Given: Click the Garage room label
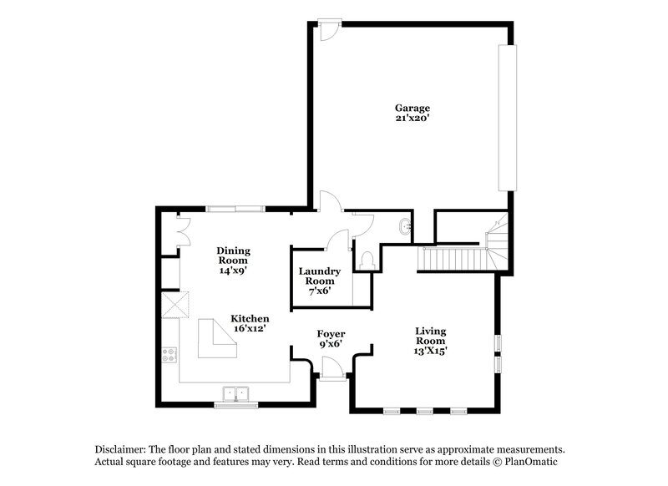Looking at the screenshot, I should click(x=412, y=108).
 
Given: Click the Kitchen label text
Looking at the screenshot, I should click(x=250, y=319).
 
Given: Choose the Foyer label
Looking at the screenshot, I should click(x=331, y=334).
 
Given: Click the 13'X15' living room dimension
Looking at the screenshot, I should click(x=431, y=352).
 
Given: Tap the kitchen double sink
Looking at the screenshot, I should click(x=236, y=392).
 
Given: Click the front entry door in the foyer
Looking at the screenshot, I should click(x=331, y=368).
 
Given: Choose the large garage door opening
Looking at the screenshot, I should click(x=504, y=118).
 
